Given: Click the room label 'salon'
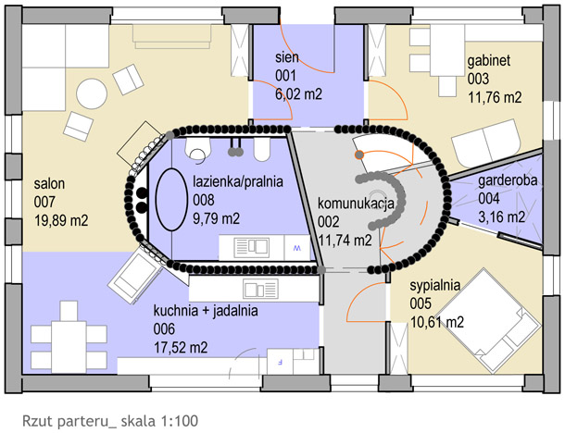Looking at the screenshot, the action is (x=49, y=183).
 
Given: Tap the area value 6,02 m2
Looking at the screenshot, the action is (x=299, y=94).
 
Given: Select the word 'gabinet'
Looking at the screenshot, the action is (x=489, y=61).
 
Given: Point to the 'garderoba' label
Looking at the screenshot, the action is (x=508, y=180).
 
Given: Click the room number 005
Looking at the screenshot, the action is (x=421, y=303).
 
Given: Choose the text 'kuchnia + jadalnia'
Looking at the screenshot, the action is (x=206, y=310).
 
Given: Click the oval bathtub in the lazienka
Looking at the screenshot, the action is (x=171, y=199).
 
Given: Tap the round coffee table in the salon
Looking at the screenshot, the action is (x=92, y=93).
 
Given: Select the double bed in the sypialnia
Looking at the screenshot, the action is (x=488, y=320).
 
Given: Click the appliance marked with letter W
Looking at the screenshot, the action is (x=297, y=248).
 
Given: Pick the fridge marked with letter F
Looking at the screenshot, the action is (x=280, y=362).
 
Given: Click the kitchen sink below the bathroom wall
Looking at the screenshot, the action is (x=260, y=289).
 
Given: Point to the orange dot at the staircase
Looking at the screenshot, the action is (x=358, y=155).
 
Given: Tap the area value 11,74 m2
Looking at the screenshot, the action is (x=345, y=241).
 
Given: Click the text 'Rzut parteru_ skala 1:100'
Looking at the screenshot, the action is (x=110, y=421).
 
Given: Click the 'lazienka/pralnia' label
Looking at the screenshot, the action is (x=238, y=181).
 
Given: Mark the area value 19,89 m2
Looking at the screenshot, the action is (x=61, y=220).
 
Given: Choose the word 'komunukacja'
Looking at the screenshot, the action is (x=356, y=204).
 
